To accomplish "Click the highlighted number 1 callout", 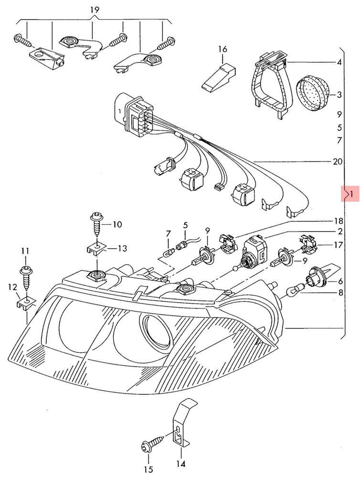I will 351,194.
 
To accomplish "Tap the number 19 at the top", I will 95,10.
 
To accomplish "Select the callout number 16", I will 222,49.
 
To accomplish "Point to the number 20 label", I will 338,162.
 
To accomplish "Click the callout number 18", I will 339,221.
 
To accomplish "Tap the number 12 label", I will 12,287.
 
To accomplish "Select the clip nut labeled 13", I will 96,248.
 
